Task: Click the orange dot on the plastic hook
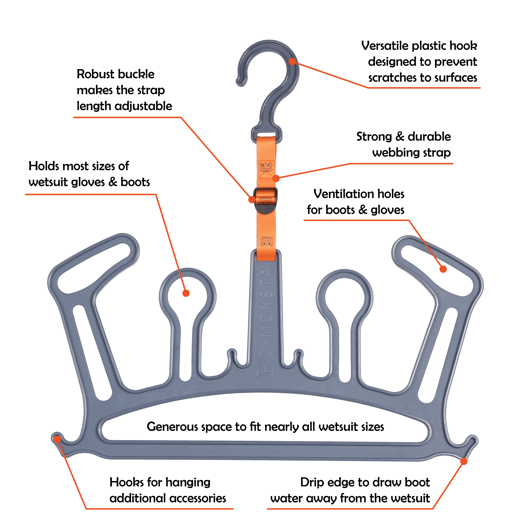pos(292,61)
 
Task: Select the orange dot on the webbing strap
pos(276,178)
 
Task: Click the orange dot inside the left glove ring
pos(186,293)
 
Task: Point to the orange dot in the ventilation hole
pos(443,269)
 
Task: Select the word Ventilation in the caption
pos(341,194)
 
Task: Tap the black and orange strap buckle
pos(265,200)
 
